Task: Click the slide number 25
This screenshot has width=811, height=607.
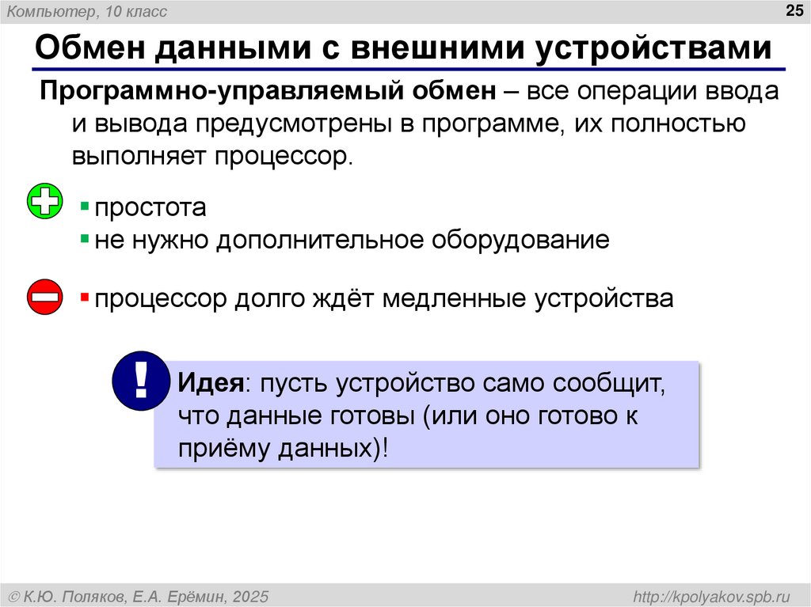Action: (792, 10)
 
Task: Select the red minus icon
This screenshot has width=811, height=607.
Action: (45, 298)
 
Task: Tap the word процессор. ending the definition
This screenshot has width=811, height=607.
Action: (280, 154)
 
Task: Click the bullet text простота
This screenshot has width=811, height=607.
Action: (150, 208)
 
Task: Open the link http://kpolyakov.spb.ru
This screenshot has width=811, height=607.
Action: (712, 596)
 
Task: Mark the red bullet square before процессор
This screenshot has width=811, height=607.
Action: (84, 298)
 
